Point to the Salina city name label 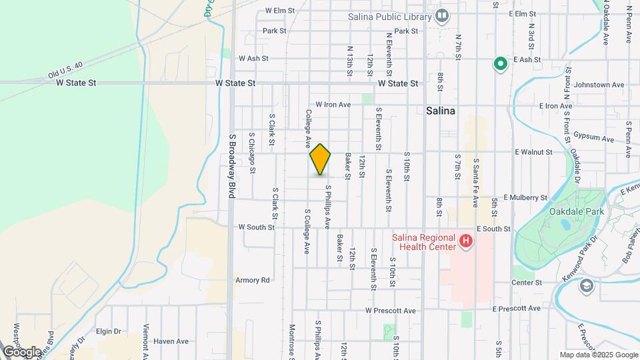click(x=441, y=111)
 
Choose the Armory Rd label click(x=252, y=280)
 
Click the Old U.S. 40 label click(x=65, y=72)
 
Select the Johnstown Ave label click(x=599, y=85)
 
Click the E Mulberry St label click(x=525, y=198)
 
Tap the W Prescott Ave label click(x=390, y=311)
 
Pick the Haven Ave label click(x=171, y=341)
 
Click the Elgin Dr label click(x=108, y=331)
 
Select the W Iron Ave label click(x=333, y=105)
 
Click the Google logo click(x=22, y=351)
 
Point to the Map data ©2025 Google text click(x=597, y=355)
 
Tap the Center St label click(x=526, y=283)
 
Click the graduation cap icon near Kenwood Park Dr click(x=587, y=286)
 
